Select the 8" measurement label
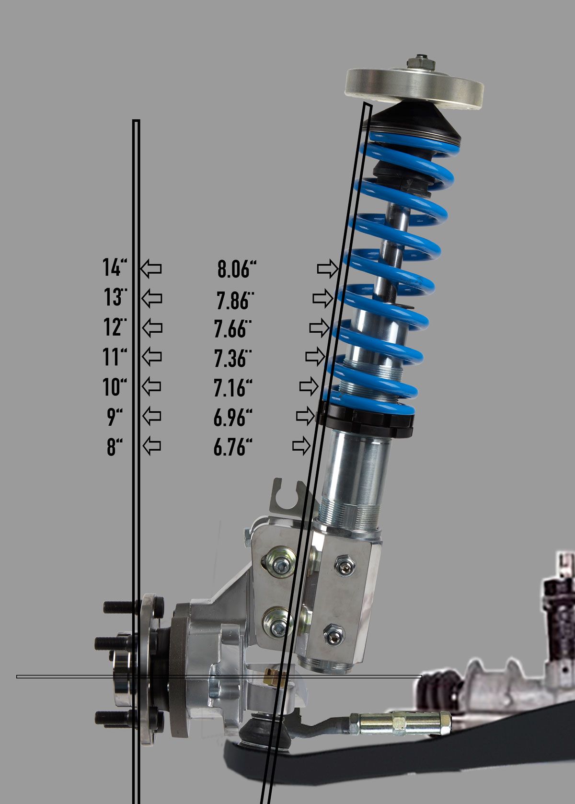tap(114, 447)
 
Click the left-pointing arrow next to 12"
tap(152, 328)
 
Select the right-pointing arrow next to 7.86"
tap(322, 299)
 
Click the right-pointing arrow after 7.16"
tap(309, 386)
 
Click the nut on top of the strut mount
tap(421, 63)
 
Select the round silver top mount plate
tap(414, 89)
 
